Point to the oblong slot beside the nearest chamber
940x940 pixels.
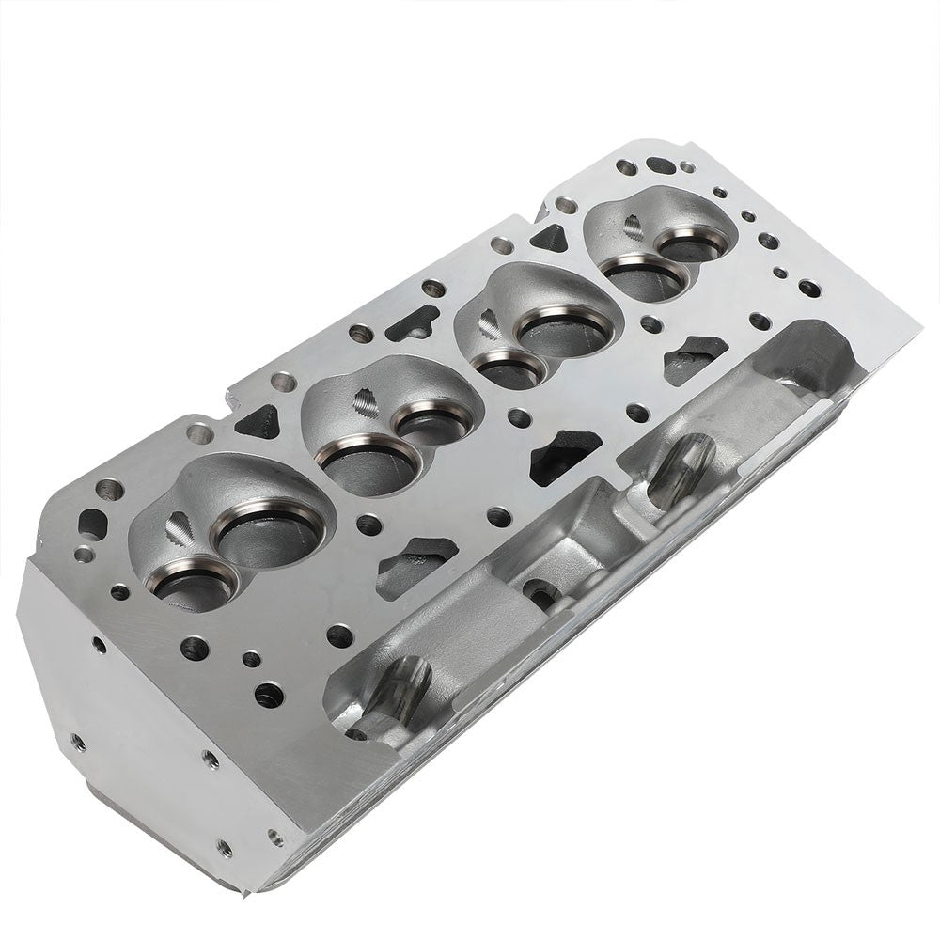pyautogui.click(x=94, y=520)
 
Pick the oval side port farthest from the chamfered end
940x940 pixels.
pyautogui.click(x=683, y=465)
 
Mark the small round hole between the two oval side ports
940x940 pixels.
pyautogui.click(x=539, y=592)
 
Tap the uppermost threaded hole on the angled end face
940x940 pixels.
pyautogui.click(x=96, y=646)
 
